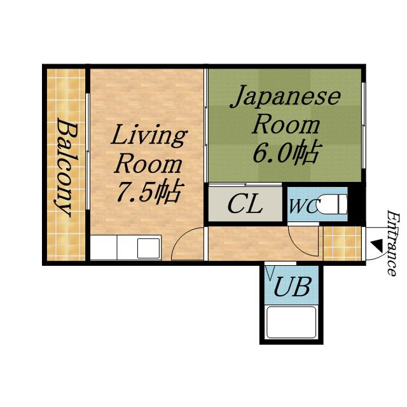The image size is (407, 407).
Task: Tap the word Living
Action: (149, 137)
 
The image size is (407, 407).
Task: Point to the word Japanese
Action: (286, 97)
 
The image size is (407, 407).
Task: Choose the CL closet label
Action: (245, 204)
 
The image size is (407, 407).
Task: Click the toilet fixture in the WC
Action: (332, 204)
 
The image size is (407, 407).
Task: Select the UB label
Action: (292, 286)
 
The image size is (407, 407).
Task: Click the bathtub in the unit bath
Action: (291, 322)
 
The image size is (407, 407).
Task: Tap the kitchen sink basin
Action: (148, 249)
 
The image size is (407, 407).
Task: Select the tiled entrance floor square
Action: (342, 244)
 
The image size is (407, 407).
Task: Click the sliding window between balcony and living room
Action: (88, 151)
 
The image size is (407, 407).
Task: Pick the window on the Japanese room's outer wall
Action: (364, 125)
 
